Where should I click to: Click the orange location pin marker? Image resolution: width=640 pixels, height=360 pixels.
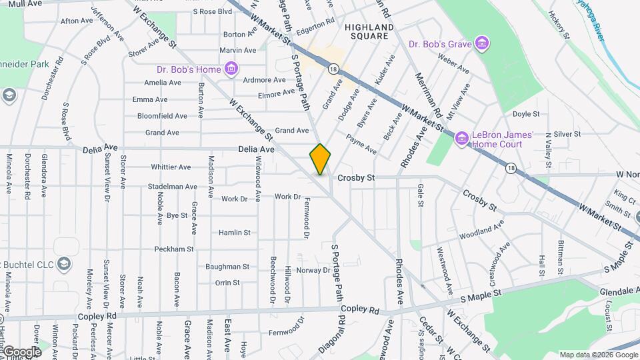(x=320, y=159)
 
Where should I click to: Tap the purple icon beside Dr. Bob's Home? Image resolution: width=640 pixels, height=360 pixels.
(x=231, y=68)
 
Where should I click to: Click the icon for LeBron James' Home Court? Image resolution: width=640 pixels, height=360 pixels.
(x=461, y=139)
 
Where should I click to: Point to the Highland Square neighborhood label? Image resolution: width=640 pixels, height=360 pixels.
(x=369, y=27)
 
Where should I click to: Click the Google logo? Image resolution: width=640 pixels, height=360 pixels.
(x=21, y=352)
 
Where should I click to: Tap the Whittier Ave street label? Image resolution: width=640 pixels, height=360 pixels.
(x=171, y=167)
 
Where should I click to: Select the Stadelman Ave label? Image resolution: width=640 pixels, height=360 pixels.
(x=173, y=187)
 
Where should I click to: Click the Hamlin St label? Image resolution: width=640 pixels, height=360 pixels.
(x=234, y=233)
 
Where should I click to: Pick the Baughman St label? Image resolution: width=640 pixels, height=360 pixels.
(x=227, y=266)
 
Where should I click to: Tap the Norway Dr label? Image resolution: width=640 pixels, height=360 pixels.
(x=313, y=270)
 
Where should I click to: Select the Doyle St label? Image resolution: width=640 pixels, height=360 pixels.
(x=526, y=114)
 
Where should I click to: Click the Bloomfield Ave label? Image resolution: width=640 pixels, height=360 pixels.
(x=162, y=115)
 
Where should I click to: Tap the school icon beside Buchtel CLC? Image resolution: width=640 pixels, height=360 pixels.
(x=64, y=262)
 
